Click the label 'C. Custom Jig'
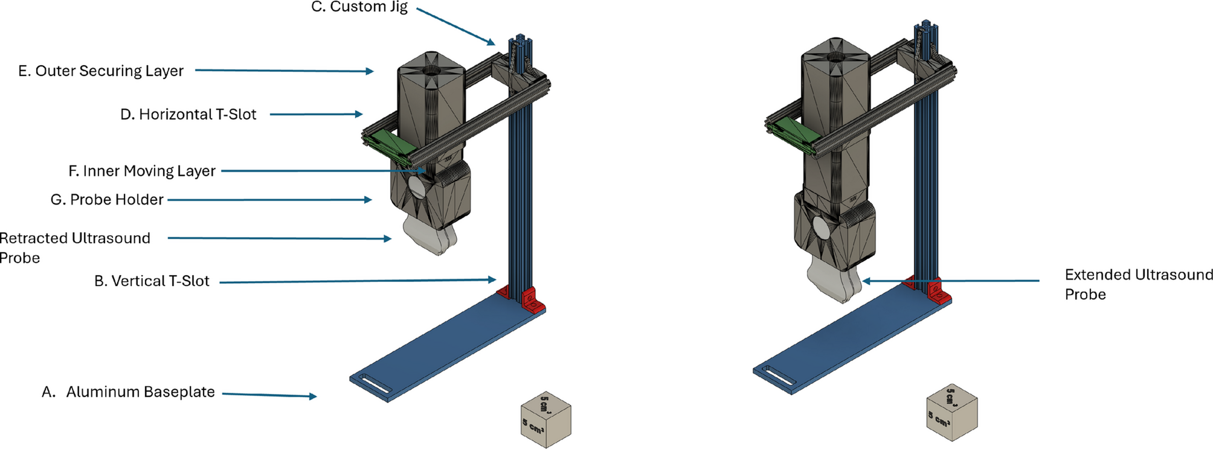[359, 7]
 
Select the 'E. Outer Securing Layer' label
[101, 71]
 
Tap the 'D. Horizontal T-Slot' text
[188, 115]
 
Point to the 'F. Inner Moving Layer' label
[142, 171]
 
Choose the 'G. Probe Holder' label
[107, 200]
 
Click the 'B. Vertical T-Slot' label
[152, 281]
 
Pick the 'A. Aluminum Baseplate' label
[128, 392]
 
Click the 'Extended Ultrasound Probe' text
[1139, 284]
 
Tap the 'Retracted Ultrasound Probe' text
[74, 247]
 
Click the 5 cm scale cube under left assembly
[545, 420]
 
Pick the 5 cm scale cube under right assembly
[951, 412]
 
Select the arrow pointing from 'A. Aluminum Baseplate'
[269, 395]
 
